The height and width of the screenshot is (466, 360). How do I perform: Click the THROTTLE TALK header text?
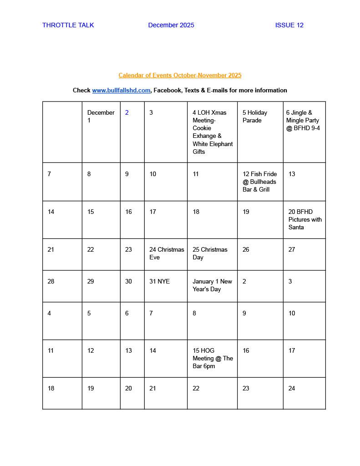tap(68, 25)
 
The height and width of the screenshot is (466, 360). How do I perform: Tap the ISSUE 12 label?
tap(289, 25)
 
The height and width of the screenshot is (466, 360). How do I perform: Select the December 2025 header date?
tap(171, 25)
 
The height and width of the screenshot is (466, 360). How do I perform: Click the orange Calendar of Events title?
tap(180, 75)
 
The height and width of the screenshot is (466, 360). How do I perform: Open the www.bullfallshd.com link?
tap(121, 90)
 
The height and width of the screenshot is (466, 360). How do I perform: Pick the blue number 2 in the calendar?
tap(127, 112)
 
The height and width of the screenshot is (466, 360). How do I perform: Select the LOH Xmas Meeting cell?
tap(212, 132)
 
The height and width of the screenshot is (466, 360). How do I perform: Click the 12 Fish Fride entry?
tap(259, 182)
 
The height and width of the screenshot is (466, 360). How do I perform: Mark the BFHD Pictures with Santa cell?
tap(304, 219)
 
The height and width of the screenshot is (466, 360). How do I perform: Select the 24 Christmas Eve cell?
tap(166, 253)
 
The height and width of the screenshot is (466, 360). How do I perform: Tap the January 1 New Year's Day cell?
tap(212, 285)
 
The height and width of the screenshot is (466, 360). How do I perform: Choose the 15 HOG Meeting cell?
tap(212, 358)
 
